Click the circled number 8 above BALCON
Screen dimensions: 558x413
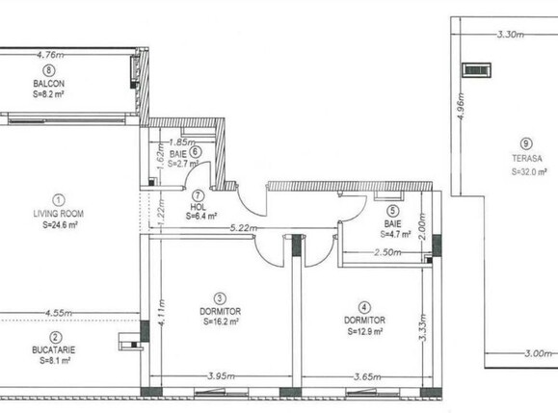pos(49,70)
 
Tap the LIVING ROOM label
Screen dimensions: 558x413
pos(59,214)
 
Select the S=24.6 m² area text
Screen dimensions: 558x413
pos(60,224)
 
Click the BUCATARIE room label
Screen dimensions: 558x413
pos(54,349)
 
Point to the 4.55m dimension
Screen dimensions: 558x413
pos(59,313)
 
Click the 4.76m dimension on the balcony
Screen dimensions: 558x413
pos(50,55)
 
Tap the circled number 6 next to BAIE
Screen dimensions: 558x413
pos(196,152)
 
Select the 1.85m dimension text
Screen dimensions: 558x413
pos(182,142)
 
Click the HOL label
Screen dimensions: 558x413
pos(199,206)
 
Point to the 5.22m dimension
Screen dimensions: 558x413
pos(244,228)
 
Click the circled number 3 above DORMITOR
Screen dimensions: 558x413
pos(220,298)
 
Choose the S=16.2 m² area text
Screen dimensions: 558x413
pos(221,322)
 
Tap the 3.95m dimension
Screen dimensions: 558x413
pos(221,376)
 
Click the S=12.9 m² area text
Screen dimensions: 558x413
pos(365,331)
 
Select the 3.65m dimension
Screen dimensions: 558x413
pos(367,376)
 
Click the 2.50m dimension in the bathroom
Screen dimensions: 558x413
pos(387,252)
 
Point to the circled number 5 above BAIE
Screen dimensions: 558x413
pos(392,211)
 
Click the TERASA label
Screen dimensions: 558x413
pos(527,158)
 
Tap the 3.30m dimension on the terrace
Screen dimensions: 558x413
pos(511,35)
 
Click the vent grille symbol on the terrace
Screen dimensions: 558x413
pos(476,69)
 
